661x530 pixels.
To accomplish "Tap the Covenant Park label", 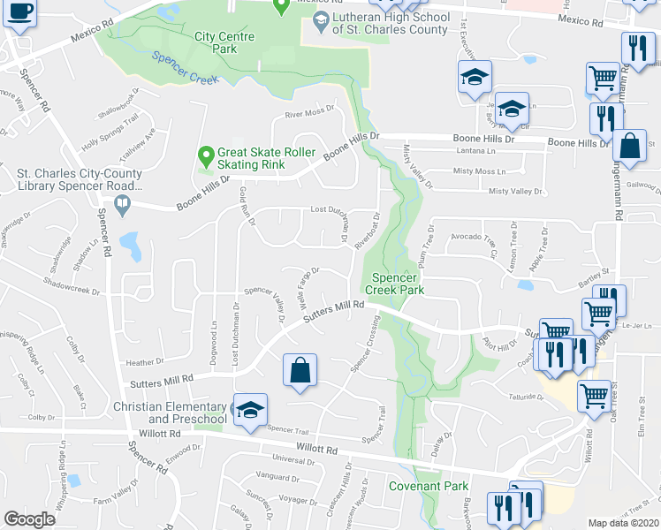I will point(430,486).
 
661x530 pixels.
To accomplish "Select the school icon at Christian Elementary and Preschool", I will point(250,409).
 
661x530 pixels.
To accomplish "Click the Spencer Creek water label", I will point(185,67).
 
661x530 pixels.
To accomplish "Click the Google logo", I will point(29,519).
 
